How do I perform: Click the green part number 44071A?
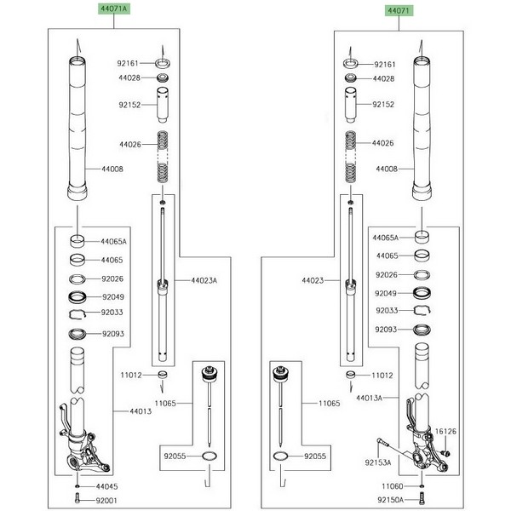(x=114, y=9)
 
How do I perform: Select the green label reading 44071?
(x=397, y=9)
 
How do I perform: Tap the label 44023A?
(x=204, y=280)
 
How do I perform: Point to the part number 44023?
(x=313, y=279)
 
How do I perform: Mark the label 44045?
(x=106, y=485)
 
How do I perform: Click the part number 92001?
(x=106, y=501)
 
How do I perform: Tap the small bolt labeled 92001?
(x=78, y=499)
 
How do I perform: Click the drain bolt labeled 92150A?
(x=423, y=498)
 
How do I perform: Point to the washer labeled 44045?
(x=78, y=485)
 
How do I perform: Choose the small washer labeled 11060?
(x=423, y=485)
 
